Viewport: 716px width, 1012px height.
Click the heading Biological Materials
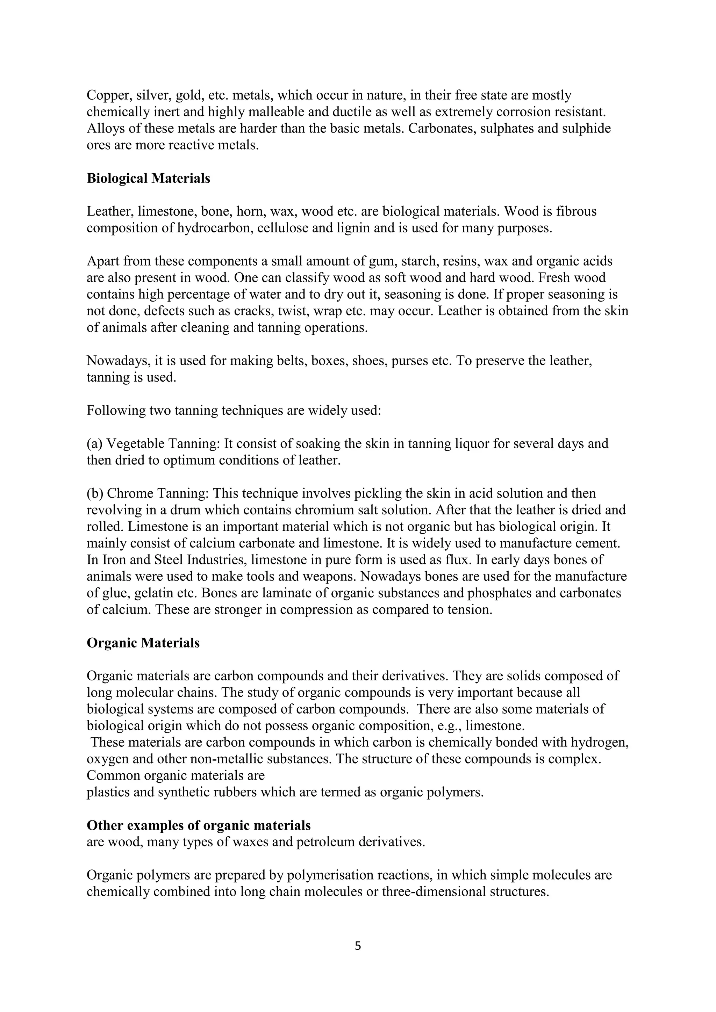148,179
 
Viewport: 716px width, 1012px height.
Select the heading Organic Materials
143,643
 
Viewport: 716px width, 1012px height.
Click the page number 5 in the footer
358,946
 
